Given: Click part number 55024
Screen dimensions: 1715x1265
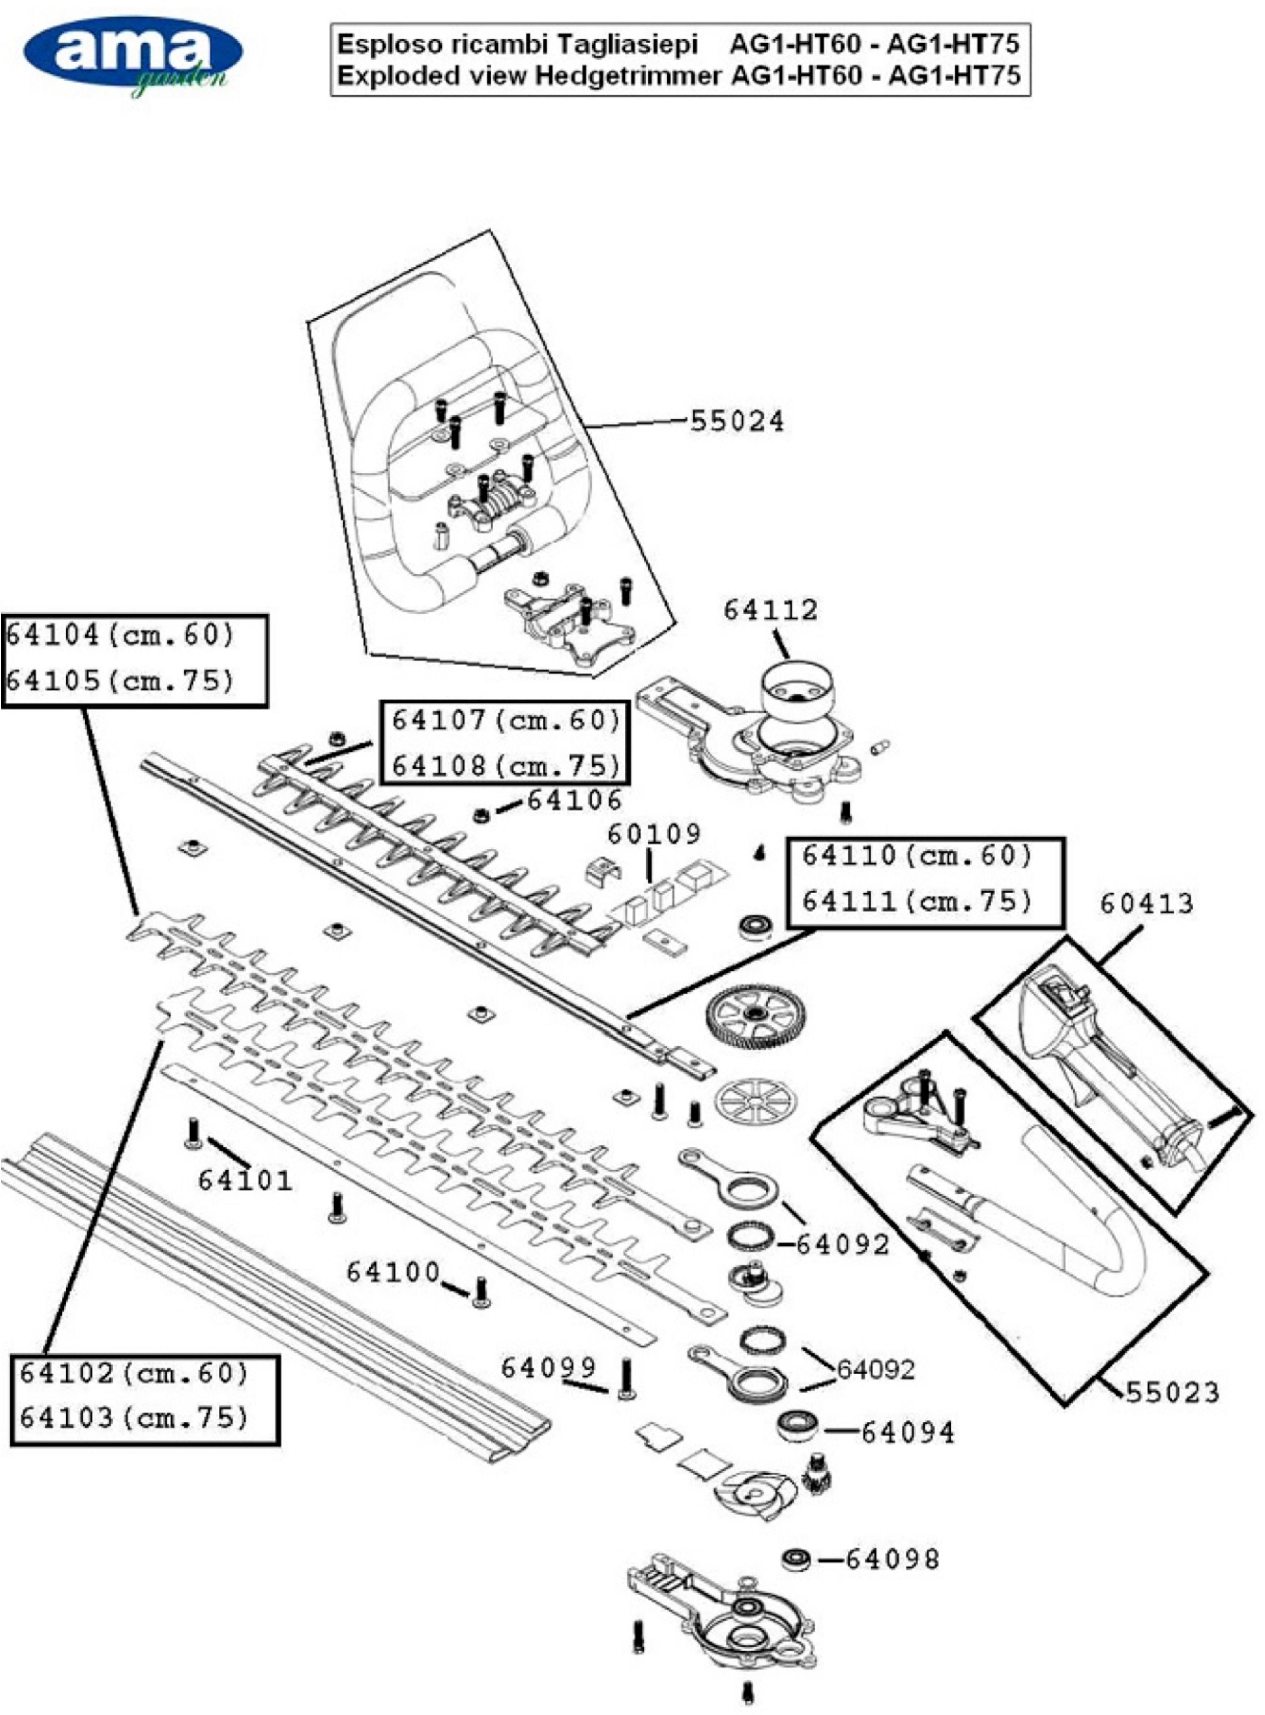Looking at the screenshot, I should (x=737, y=421).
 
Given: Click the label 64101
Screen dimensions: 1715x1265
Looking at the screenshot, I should (x=245, y=1180).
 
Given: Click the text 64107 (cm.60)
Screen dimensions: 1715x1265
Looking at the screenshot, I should (x=506, y=720).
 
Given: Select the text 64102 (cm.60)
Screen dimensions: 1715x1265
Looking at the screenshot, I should (x=134, y=1373).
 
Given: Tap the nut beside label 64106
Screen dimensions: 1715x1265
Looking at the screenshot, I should (x=482, y=814).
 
